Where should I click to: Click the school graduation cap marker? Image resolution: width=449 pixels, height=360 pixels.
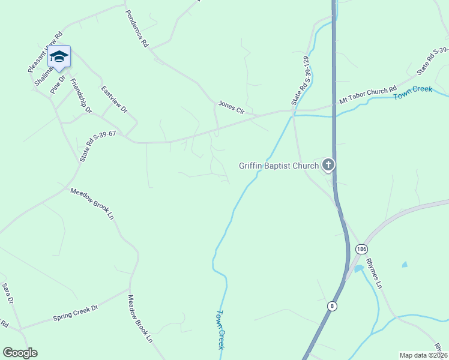59,57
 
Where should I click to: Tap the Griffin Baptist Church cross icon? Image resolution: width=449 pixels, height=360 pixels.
328,164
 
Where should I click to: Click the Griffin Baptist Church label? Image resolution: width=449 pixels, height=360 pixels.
279,166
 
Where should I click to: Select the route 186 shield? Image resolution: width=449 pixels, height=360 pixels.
361,249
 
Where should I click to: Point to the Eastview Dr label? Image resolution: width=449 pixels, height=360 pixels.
114,100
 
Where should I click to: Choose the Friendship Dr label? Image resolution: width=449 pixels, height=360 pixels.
81,95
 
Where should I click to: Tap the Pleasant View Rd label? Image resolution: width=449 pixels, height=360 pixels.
45,53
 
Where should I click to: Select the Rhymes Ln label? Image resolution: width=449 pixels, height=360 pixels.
373,272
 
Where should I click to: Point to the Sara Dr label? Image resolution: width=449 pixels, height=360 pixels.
7,295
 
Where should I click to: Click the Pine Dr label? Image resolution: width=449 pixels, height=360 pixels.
58,83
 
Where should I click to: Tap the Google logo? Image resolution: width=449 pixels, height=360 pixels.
20,353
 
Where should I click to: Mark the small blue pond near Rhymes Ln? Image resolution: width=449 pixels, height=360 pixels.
405,264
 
